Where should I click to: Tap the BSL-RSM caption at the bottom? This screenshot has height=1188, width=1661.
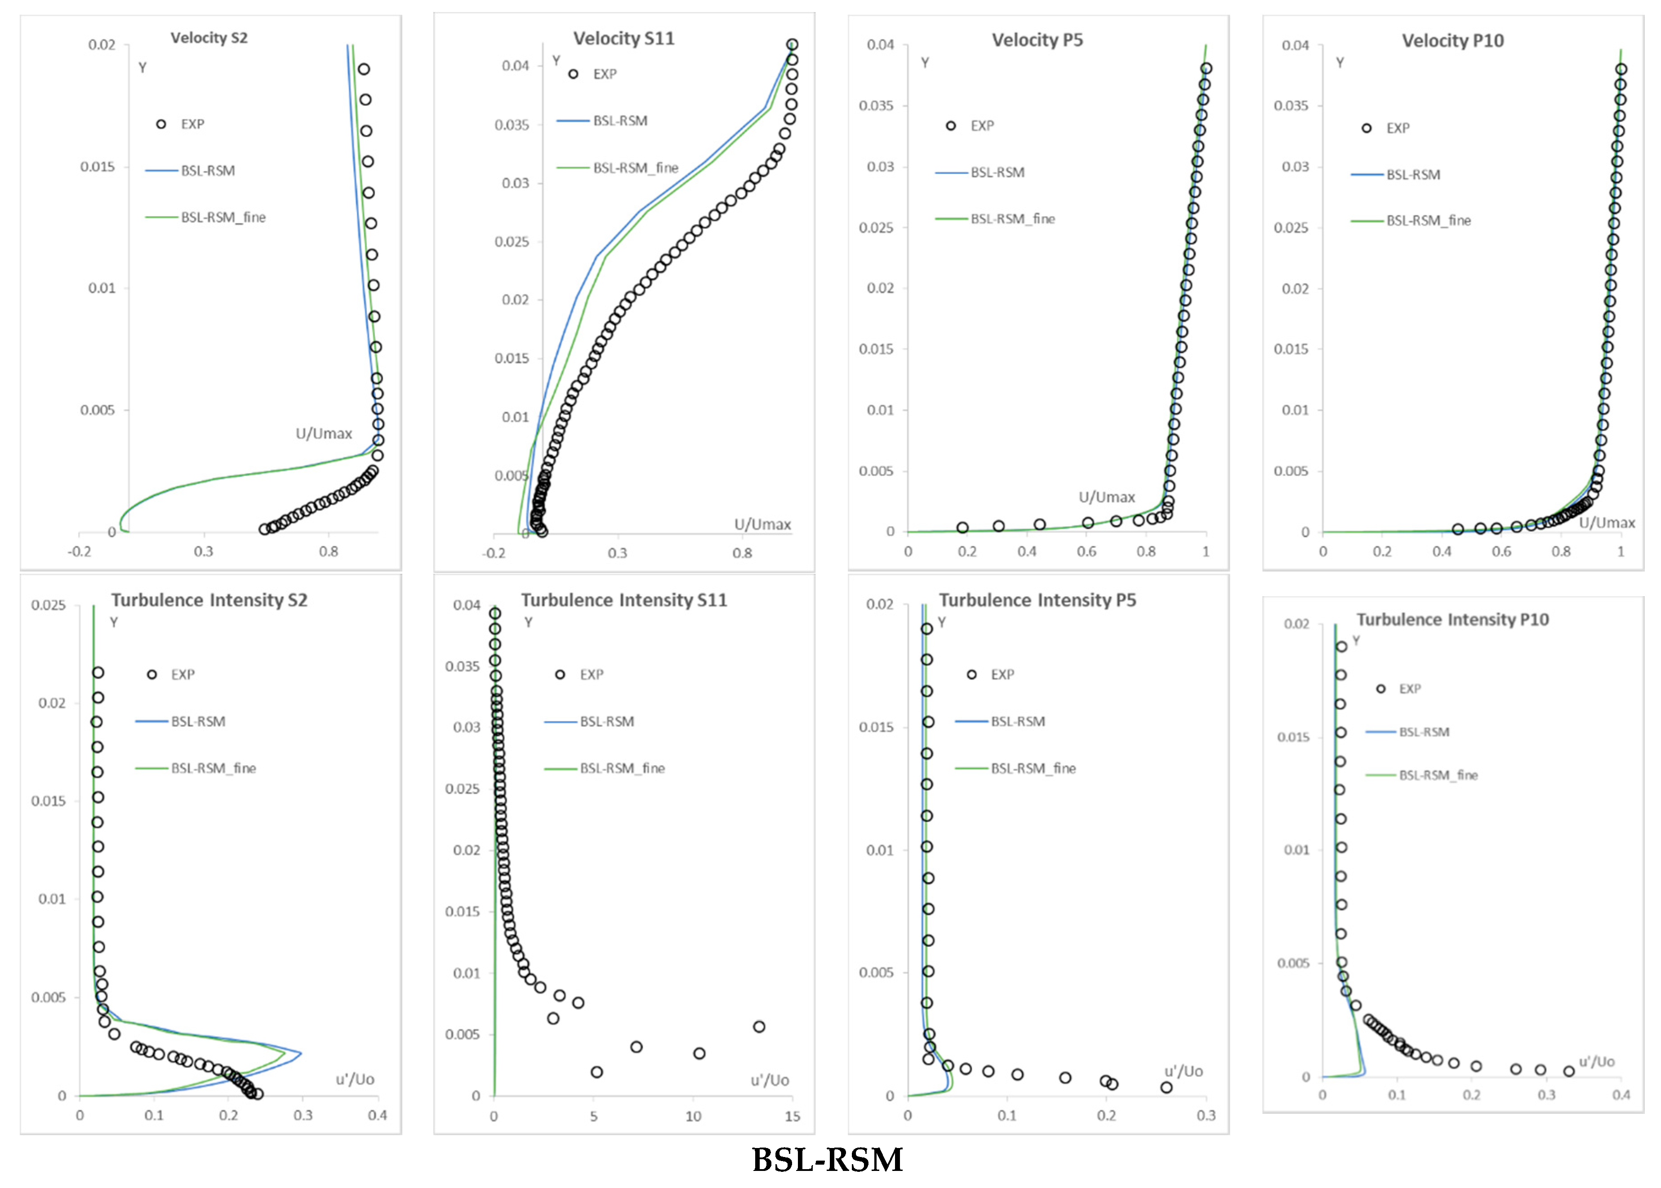pos(828,1160)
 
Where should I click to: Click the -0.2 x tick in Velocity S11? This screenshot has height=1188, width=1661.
pos(494,553)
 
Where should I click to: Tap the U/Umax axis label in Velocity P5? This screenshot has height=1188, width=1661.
pos(1106,497)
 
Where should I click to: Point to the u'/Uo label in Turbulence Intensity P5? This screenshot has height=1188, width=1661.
pos(1183,1071)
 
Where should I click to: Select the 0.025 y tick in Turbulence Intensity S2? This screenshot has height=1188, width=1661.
pos(48,605)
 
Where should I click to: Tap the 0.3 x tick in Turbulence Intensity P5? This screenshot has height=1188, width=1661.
pos(1206,1116)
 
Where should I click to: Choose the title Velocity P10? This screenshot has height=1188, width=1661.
pos(1452,41)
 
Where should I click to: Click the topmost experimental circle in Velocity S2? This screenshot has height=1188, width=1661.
pos(364,70)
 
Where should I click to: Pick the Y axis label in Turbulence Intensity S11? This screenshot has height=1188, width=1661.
pos(528,622)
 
